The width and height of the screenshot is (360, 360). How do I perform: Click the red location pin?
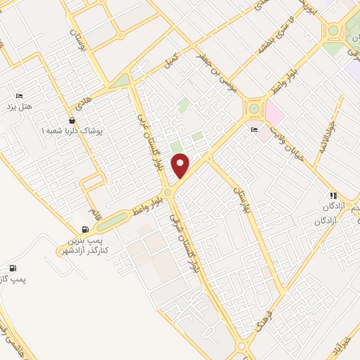(x=181, y=166)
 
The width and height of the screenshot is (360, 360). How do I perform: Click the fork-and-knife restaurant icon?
(x=333, y=195)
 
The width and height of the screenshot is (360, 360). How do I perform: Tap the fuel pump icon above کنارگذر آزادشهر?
(x=86, y=229)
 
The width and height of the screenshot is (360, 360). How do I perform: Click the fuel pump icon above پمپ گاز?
(x=13, y=268)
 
